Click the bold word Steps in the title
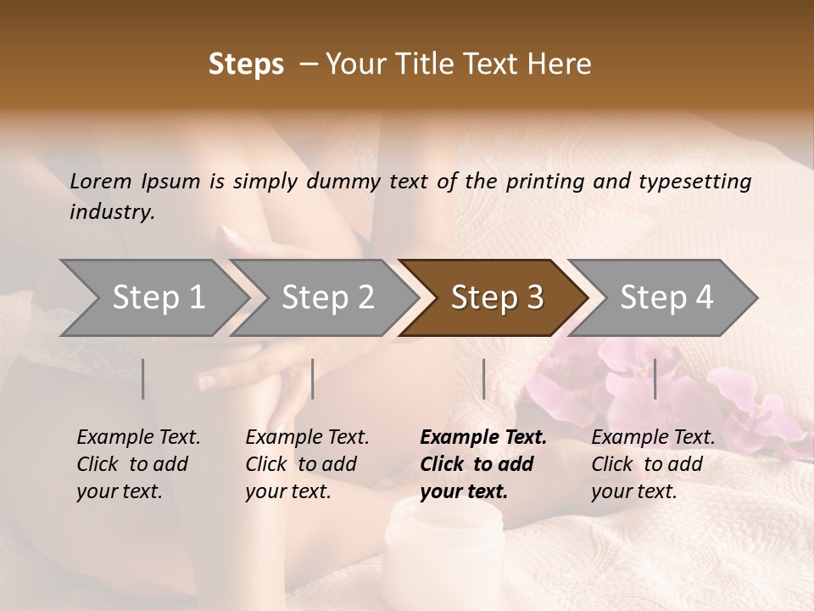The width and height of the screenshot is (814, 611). pos(246,64)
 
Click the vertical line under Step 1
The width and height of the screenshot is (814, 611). pos(143,378)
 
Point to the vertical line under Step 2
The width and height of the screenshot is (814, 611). pos(313,378)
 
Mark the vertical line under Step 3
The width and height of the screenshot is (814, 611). pos(483,378)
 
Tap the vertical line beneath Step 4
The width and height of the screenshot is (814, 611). pos(655,378)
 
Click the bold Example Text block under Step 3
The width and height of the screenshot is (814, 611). pos(482,464)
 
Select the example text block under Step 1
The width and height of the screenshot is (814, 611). pos(138,464)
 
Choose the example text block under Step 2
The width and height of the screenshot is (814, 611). pos(307,464)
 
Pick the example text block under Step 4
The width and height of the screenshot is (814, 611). pos(653,464)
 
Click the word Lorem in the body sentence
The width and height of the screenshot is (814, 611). pos(101,181)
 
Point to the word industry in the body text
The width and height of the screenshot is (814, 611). pos(112,212)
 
